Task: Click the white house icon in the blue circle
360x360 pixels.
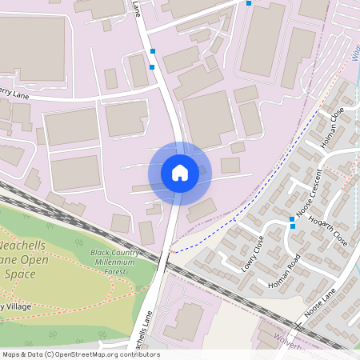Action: click(x=179, y=173)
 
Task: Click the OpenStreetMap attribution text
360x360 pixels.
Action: click(x=80, y=354)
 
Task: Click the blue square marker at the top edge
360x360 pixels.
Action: click(x=249, y=3)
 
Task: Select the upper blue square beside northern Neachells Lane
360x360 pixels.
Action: click(x=152, y=51)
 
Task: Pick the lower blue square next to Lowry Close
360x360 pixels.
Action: click(x=292, y=226)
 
